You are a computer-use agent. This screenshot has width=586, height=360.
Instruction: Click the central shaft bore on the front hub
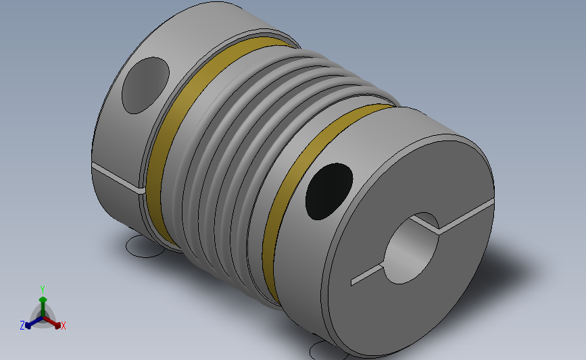[411, 249]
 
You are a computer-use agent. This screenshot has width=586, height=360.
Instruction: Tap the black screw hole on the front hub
[329, 191]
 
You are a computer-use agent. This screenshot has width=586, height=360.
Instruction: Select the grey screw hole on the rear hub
[145, 86]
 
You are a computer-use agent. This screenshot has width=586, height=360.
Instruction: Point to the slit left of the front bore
[367, 275]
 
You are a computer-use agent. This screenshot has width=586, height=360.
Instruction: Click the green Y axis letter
[42, 290]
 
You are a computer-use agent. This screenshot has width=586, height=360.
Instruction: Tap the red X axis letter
[63, 326]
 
